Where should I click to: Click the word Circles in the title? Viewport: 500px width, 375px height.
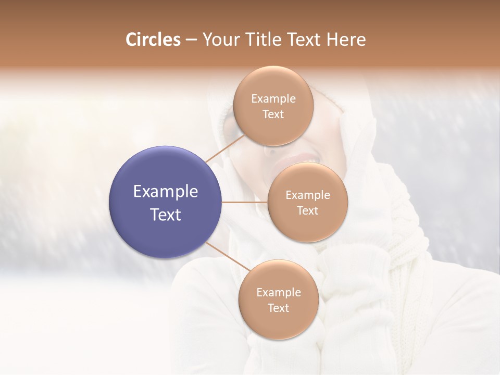(x=153, y=40)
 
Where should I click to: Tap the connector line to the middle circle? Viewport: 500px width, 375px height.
(x=245, y=202)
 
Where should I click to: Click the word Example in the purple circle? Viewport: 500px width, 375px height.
(x=166, y=192)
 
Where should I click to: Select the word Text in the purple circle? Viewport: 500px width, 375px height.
(x=166, y=215)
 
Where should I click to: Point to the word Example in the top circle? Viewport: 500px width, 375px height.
(x=273, y=99)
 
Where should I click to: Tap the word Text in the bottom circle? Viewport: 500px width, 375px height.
(x=278, y=308)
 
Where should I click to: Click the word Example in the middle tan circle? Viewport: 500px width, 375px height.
(x=307, y=195)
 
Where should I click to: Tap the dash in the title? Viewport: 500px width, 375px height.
(x=191, y=40)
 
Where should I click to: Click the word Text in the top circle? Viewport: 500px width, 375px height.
(x=273, y=115)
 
